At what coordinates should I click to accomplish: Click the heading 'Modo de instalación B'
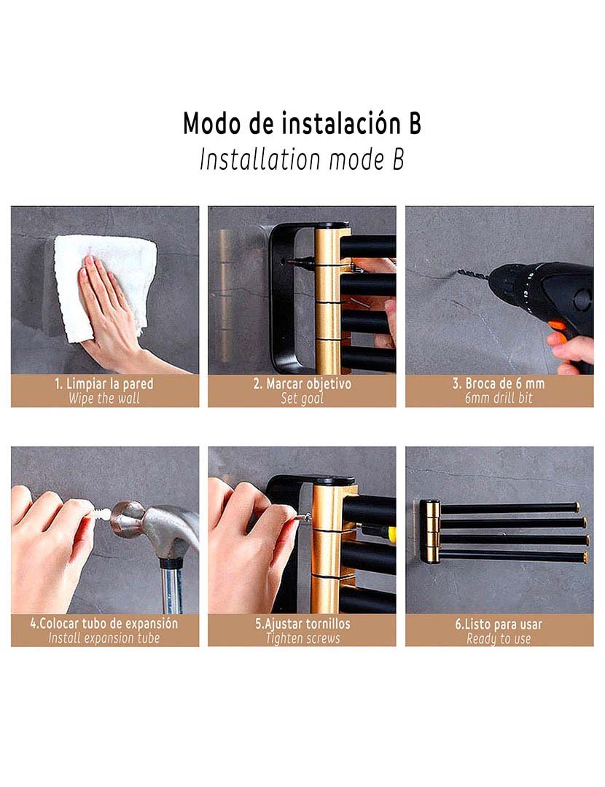(302, 123)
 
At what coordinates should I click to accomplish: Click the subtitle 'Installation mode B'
(302, 160)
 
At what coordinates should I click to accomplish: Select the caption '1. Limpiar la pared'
(104, 384)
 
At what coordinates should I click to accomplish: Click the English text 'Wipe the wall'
(104, 399)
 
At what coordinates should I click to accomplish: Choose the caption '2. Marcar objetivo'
(302, 384)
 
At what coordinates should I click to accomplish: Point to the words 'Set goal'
(302, 399)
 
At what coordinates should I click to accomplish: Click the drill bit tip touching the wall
(459, 272)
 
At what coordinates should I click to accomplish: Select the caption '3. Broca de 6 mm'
(499, 383)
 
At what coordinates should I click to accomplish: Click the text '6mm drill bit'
(499, 398)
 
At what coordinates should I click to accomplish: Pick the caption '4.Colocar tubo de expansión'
(104, 624)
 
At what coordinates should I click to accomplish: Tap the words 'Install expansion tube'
(104, 638)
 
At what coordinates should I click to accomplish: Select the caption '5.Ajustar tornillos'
(302, 624)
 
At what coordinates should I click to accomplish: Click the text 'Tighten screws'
(302, 638)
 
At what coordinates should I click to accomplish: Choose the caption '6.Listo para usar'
(499, 624)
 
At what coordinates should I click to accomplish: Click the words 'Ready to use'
(499, 639)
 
